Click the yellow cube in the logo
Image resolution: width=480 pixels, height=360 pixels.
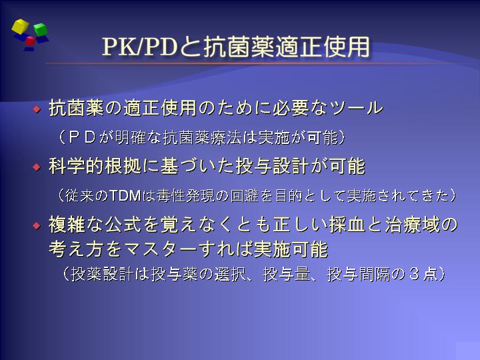[20, 26]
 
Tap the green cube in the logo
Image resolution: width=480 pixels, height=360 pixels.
[40, 29]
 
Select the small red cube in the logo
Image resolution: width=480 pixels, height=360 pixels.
[30, 41]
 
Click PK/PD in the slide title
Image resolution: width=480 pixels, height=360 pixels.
[140, 47]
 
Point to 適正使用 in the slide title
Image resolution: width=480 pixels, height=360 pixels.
[323, 47]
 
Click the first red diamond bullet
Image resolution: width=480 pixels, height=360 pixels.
[37, 109]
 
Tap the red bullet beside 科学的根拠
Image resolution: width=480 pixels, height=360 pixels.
[37, 167]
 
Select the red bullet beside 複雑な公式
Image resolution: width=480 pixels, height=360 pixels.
[37, 225]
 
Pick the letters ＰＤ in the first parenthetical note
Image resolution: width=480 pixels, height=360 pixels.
[82, 137]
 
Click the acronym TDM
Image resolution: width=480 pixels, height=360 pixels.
[125, 195]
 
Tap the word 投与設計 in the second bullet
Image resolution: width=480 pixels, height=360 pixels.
[273, 166]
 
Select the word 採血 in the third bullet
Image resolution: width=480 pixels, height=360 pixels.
[347, 225]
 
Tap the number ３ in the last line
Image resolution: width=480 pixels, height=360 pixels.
[414, 274]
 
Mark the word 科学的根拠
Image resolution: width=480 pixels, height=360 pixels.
[95, 166]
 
